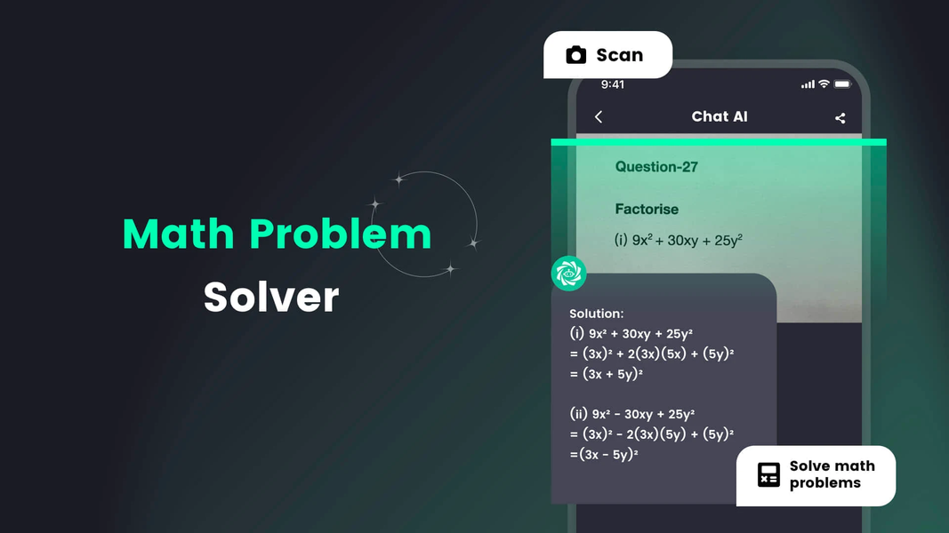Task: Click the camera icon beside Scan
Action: point(576,55)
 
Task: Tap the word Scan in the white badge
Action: point(619,55)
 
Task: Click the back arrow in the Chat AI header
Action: point(599,117)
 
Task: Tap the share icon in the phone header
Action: point(840,118)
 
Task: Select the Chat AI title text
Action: point(719,116)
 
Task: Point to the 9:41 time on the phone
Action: point(613,84)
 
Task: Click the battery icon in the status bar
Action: point(842,84)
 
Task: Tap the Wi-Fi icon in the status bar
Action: point(824,84)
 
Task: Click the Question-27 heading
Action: point(656,166)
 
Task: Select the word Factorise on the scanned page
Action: point(647,209)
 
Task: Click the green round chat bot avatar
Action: point(568,273)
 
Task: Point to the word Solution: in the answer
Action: point(597,314)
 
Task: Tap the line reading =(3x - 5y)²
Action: point(604,454)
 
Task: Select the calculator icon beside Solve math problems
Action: point(768,474)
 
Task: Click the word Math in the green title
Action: point(178,234)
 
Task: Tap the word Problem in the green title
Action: point(341,234)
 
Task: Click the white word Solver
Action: point(271,297)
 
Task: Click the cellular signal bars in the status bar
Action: point(808,84)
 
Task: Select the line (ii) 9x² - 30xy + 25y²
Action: point(631,414)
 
